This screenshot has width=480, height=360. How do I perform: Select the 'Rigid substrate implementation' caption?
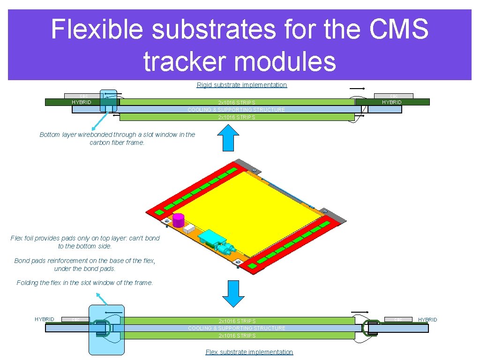[x=241, y=85]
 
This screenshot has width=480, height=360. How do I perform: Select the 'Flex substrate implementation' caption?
[x=249, y=352]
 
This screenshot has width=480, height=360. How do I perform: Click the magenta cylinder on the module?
[x=178, y=220]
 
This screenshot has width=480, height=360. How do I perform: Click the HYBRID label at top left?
[x=82, y=102]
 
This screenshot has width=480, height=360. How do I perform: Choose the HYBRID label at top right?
[x=391, y=102]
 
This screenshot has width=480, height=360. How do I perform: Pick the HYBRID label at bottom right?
[x=427, y=320]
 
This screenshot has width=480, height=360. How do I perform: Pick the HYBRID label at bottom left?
[x=45, y=319]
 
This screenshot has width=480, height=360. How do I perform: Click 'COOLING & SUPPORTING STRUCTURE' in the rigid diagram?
[x=236, y=110]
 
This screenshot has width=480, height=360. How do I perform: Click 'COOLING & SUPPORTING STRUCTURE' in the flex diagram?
[x=236, y=328]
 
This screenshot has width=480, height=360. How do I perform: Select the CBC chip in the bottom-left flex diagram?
[x=75, y=320]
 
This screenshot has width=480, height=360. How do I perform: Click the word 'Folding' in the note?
[x=28, y=283]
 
